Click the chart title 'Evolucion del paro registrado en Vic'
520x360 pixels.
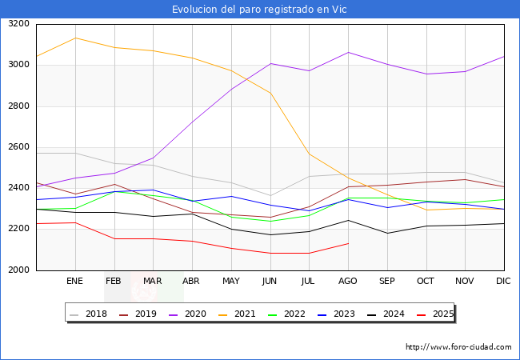click(x=260, y=10)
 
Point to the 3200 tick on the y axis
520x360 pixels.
click(x=18, y=24)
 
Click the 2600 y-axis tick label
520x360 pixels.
click(x=18, y=147)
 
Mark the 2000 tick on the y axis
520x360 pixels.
click(x=18, y=270)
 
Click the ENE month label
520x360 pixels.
click(x=74, y=282)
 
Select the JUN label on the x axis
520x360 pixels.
click(x=270, y=282)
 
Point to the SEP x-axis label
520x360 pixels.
click(x=386, y=282)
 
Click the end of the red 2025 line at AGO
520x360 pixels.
click(x=348, y=243)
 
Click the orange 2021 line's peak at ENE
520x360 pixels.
click(x=75, y=38)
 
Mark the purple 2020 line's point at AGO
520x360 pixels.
click(x=348, y=52)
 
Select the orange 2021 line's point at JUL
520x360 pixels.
click(x=309, y=154)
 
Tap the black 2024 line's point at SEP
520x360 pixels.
click(x=387, y=234)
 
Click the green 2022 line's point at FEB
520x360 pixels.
click(x=114, y=192)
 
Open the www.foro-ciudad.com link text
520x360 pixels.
click(x=458, y=347)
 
